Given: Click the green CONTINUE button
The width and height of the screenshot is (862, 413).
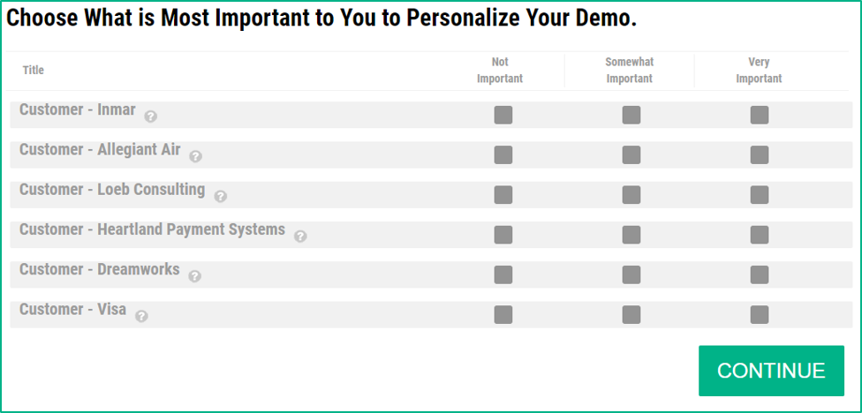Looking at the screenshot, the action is (x=771, y=371).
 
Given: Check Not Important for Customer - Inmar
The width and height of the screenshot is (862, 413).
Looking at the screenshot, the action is (x=503, y=116).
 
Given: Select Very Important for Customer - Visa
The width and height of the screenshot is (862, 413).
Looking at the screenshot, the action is (x=760, y=315).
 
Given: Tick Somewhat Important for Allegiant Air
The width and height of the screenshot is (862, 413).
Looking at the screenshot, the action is (x=631, y=155).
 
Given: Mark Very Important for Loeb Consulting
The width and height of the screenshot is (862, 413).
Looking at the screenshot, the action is (x=760, y=195).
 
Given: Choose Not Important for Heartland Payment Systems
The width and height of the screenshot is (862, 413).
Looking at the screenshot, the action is (x=503, y=235).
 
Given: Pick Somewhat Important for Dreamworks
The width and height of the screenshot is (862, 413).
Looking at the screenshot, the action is (x=631, y=274).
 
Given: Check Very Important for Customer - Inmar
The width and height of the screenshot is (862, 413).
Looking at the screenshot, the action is (x=760, y=116).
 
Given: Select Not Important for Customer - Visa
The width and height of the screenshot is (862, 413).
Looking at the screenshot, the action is (x=503, y=315).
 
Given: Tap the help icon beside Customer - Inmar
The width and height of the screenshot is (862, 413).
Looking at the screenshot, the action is (x=151, y=116).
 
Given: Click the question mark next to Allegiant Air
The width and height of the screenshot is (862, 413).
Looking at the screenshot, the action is (x=196, y=156).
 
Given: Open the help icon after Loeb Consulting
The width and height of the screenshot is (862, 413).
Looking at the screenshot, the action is (x=221, y=196).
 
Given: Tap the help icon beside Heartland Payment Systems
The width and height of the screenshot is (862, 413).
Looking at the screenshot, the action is (x=300, y=237).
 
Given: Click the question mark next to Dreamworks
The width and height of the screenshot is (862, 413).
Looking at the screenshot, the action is (x=194, y=275).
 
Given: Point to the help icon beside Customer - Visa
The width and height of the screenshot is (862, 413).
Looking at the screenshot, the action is (x=141, y=316).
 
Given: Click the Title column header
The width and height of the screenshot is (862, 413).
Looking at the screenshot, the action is (x=34, y=71).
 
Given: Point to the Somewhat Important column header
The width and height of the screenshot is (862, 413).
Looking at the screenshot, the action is (x=630, y=71).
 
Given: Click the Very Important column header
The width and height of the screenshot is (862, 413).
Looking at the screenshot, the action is (x=760, y=71).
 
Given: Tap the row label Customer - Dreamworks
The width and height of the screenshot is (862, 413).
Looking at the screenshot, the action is (x=100, y=270).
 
